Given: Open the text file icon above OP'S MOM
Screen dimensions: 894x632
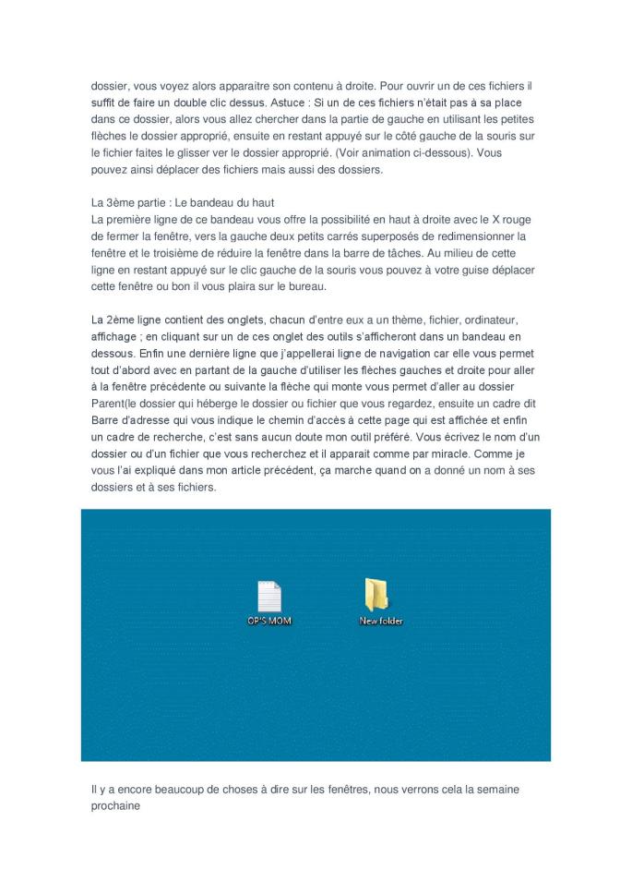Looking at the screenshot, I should pyautogui.click(x=268, y=597).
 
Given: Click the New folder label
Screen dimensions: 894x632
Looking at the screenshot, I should pyautogui.click(x=381, y=621).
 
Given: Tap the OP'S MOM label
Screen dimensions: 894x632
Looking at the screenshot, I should pyautogui.click(x=268, y=621).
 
